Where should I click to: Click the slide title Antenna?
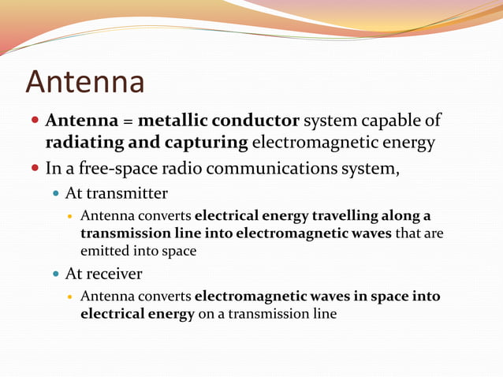85,82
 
